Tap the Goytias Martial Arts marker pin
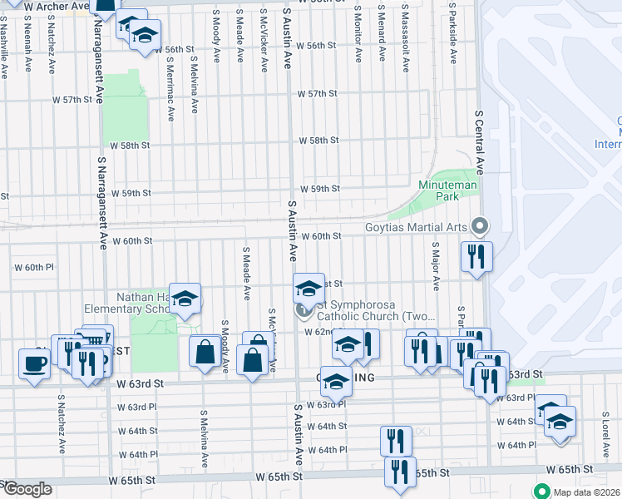(479, 225)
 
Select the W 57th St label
(318, 94)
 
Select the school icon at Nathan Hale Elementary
(185, 297)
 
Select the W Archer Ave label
(57, 7)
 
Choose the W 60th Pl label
(33, 268)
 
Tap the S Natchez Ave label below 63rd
(61, 424)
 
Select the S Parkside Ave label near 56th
(452, 37)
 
